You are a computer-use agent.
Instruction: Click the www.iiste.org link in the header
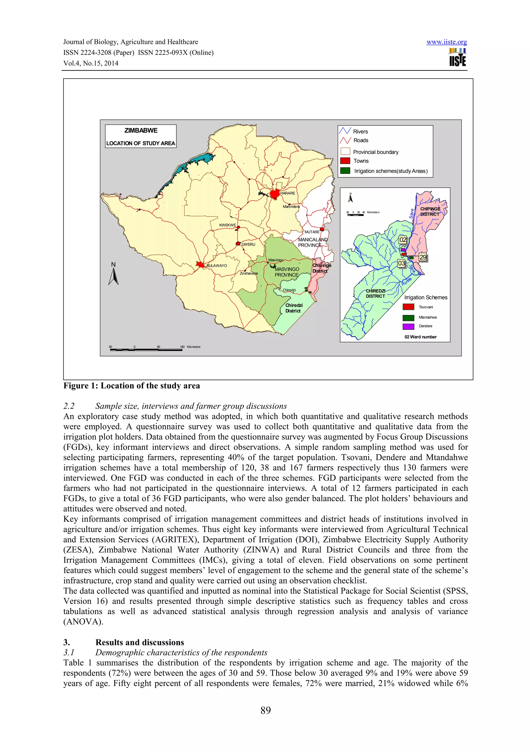446,42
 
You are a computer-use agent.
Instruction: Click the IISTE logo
457,58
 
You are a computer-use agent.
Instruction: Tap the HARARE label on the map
288,193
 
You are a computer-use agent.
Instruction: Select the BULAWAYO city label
216,266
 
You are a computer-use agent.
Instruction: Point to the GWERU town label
248,244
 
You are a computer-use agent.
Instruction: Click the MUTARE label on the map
312,232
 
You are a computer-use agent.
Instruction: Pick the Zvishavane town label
249,274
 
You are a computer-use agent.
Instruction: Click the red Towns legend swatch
345,161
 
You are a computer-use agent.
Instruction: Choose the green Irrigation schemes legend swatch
345,171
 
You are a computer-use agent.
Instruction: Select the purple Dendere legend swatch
408,326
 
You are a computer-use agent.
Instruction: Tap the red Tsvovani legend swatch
408,307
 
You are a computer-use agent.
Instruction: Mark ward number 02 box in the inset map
403,240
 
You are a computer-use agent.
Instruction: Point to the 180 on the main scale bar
182,347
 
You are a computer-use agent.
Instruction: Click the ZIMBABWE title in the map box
141,130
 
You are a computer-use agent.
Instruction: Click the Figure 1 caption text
131,386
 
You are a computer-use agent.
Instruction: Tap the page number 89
265,710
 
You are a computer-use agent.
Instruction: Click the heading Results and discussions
140,642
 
